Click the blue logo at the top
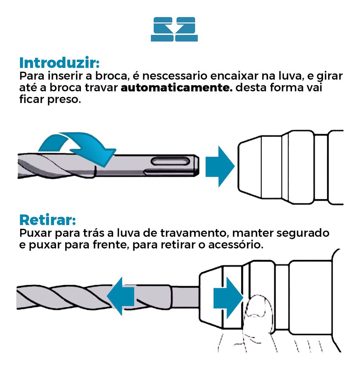click(174, 29)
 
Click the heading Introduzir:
click(59, 63)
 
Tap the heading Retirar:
click(47, 220)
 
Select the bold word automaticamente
click(177, 88)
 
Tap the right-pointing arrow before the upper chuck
click(219, 166)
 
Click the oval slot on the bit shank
click(170, 161)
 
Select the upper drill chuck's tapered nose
click(249, 168)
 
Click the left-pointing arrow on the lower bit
click(121, 296)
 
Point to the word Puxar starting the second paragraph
click(35, 233)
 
